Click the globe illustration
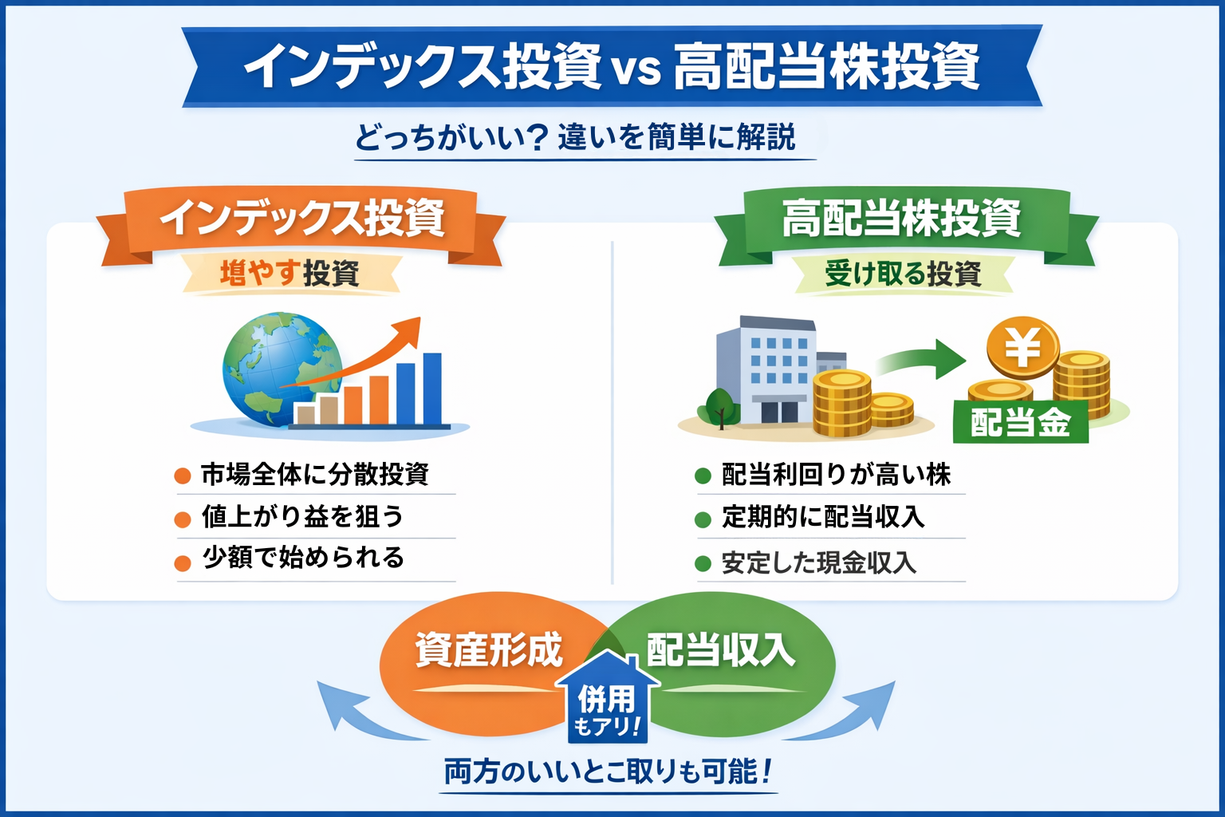[281, 369]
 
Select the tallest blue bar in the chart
[432, 389]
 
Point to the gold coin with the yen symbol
[1022, 348]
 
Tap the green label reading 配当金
[1021, 422]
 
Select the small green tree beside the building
[719, 408]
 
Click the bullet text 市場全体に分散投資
[315, 475]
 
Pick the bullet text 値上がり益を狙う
[302, 516]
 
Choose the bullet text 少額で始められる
[303, 558]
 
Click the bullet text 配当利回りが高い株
[836, 475]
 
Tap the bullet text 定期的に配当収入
[823, 516]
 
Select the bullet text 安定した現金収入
[819, 562]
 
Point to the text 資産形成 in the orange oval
[489, 650]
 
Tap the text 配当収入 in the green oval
[721, 650]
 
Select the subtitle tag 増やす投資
[290, 273]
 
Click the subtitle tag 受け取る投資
[903, 274]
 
